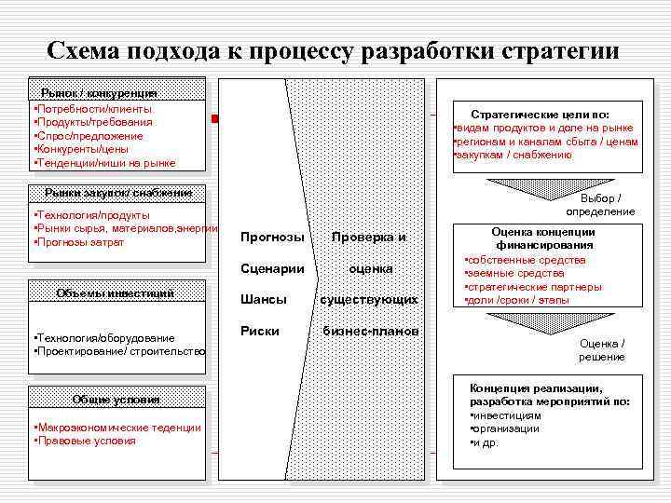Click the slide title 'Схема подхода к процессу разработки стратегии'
333,50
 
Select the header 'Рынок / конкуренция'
99,92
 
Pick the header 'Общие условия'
116,400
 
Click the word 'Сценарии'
272,268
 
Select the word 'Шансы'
263,300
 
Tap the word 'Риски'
260,331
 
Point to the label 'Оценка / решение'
602,350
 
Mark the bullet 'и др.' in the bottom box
486,442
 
